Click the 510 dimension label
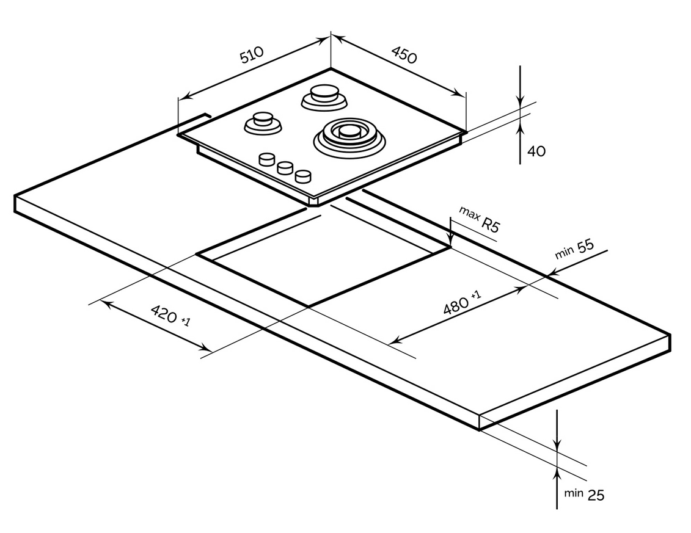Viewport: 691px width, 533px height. [251, 55]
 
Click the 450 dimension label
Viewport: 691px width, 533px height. [404, 55]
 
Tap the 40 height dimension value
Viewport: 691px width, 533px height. [536, 151]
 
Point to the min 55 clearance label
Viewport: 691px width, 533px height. [574, 249]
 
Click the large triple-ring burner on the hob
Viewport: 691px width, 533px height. [349, 135]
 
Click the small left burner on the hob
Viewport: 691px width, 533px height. [263, 121]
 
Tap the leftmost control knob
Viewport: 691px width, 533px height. [266, 160]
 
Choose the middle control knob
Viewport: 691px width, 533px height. [285, 168]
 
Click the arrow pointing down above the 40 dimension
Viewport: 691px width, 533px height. [519, 101]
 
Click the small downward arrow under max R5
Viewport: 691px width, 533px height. [450, 241]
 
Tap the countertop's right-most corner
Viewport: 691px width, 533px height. [670, 335]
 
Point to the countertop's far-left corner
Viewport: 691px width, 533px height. [15, 197]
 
